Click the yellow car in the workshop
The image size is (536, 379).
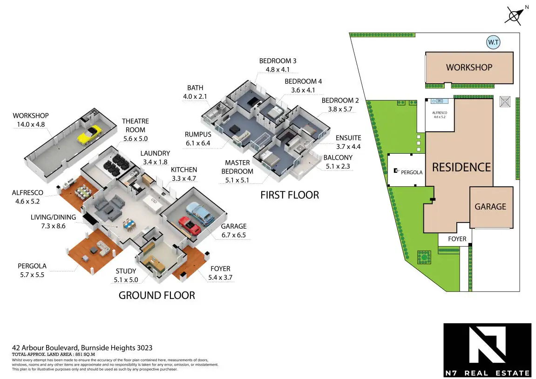pos(89,134)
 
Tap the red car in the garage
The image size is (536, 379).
pos(190,225)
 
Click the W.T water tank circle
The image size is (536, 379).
pos(493,43)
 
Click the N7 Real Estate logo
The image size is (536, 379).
pos(487,350)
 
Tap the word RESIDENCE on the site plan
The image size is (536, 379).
pos(461,167)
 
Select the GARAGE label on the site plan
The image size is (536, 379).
pos(490,207)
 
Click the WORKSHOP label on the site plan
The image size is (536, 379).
pos(469,68)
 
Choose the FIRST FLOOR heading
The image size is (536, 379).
pos(290,195)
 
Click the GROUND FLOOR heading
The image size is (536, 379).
pos(156,295)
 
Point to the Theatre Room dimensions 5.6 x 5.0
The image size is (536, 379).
pos(135,139)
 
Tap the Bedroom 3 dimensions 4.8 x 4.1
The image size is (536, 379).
pos(278,70)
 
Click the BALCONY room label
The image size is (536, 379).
pos(338,157)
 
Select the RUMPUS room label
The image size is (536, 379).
pos(198,135)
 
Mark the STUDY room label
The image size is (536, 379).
pos(126,271)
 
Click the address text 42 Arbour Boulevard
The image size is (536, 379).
pos(82,348)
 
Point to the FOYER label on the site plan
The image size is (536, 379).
pos(457,239)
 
